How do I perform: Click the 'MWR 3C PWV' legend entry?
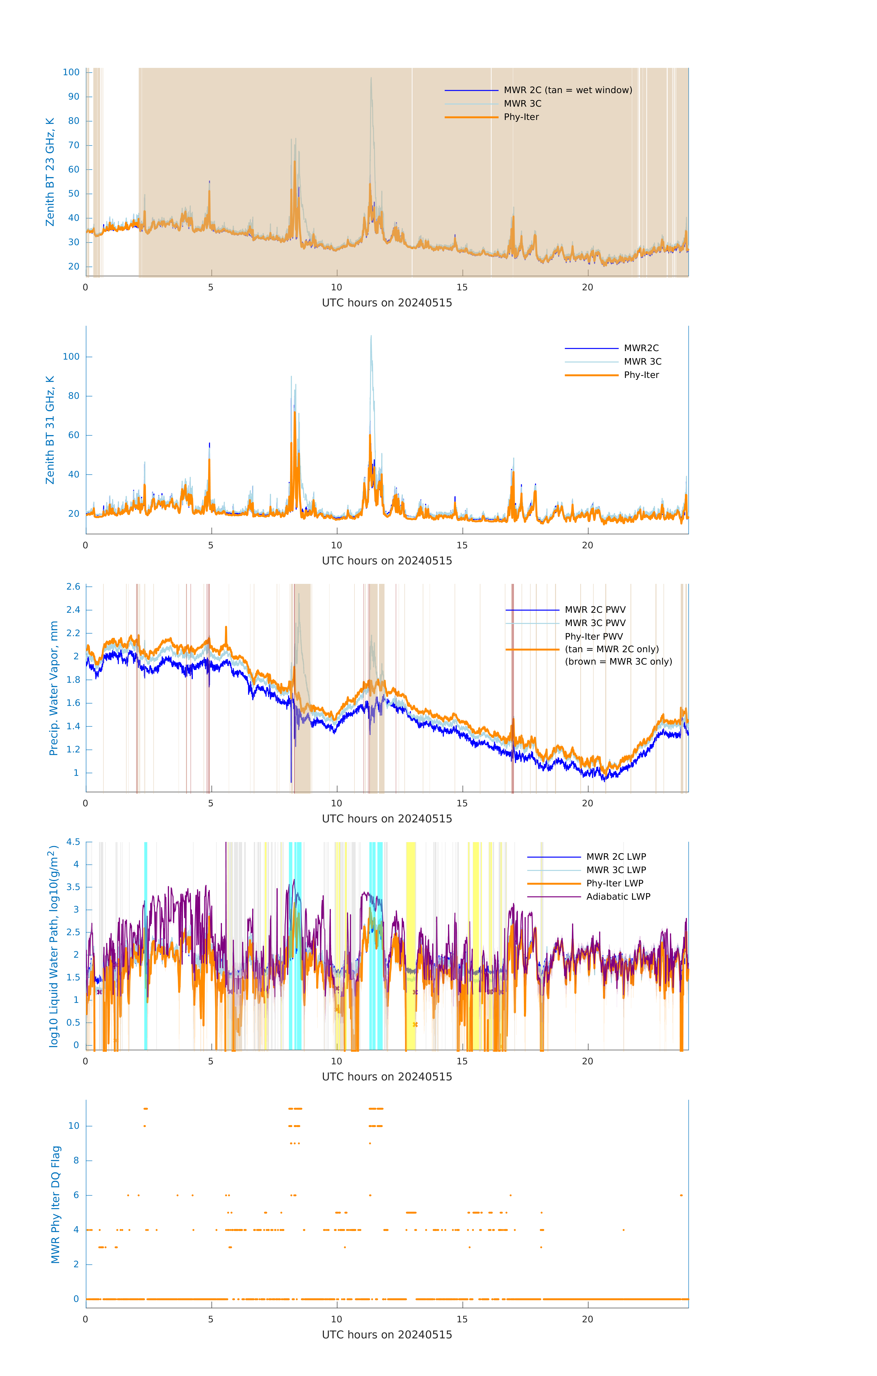coord(595,623)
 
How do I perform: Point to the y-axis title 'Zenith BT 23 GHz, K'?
coord(50,172)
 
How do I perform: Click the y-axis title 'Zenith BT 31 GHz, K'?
coord(50,430)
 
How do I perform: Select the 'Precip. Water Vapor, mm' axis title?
coord(54,688)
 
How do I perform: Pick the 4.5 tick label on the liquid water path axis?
coord(73,842)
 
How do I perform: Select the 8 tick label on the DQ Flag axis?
coord(76,1160)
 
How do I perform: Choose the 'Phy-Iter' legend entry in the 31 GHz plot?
coord(641,375)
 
